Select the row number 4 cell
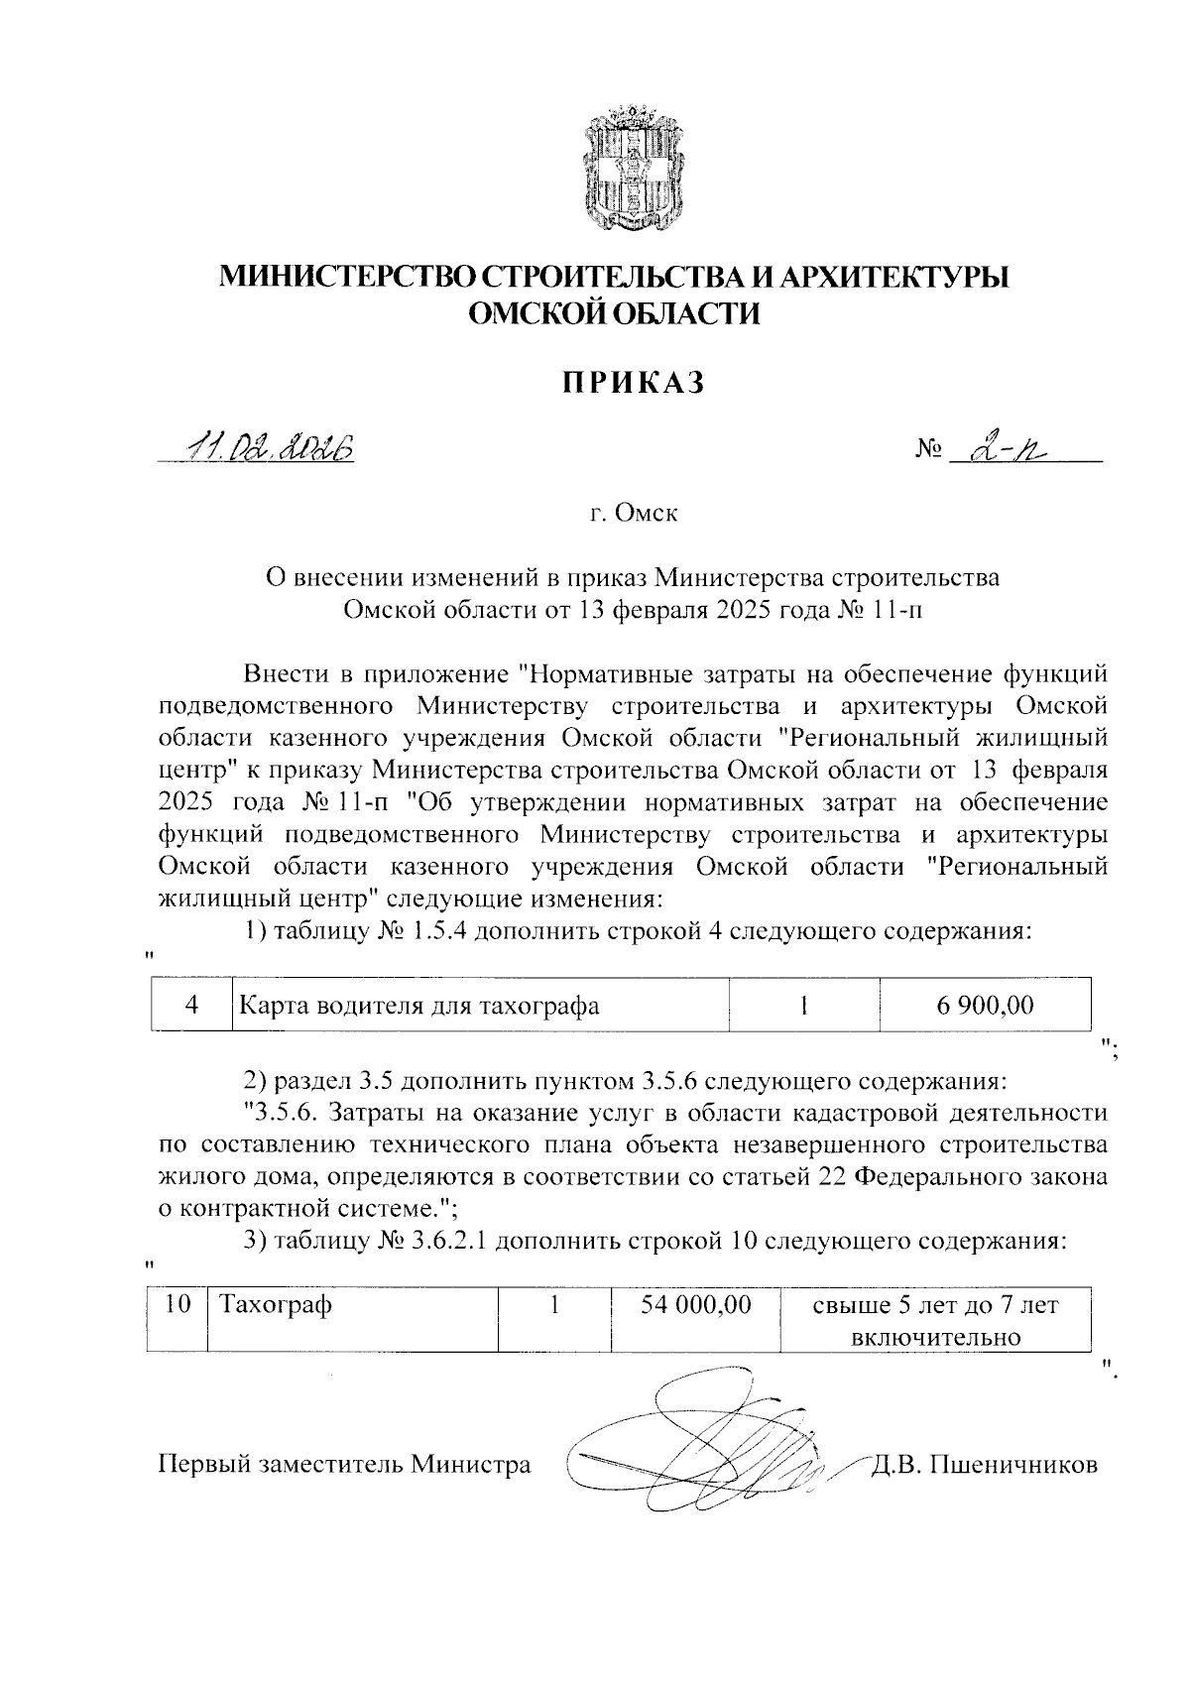(x=192, y=1005)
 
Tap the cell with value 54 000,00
(x=695, y=1304)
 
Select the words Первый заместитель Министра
(x=344, y=1465)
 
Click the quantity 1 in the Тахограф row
(x=554, y=1304)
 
